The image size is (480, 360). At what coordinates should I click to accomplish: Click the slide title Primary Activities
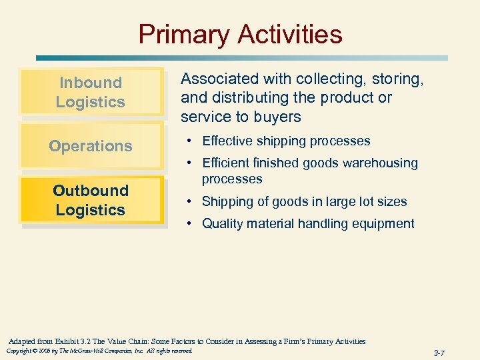(240, 34)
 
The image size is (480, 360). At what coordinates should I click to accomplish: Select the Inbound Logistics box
(91, 92)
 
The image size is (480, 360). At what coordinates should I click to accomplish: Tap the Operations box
(91, 146)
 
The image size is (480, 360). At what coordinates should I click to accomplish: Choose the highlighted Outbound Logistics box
(91, 200)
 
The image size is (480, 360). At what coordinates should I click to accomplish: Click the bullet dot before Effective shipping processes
(190, 141)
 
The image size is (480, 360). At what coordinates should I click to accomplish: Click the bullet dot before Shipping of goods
(190, 202)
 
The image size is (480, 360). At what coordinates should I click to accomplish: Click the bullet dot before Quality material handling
(190, 224)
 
